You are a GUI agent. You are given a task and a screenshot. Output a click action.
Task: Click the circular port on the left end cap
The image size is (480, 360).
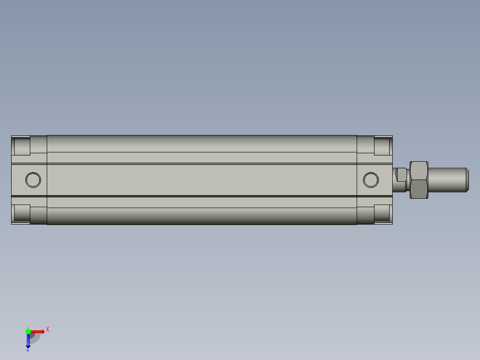[33, 180]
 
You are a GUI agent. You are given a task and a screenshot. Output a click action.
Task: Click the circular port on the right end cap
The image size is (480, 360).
[370, 180]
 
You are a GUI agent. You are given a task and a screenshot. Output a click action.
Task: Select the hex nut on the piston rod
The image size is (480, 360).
[419, 180]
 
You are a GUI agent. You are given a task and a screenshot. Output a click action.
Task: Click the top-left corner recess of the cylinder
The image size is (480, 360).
[22, 146]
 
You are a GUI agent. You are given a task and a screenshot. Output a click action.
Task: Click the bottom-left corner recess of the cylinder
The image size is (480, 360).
[22, 213]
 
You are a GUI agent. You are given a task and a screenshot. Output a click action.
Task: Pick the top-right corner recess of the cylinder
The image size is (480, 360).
[382, 146]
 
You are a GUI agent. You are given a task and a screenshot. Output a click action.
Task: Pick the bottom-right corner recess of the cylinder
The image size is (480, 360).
[382, 213]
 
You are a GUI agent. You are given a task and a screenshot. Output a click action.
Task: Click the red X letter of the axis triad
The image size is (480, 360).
[48, 329]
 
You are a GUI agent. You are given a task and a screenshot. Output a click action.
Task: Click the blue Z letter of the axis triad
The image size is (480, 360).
[28, 349]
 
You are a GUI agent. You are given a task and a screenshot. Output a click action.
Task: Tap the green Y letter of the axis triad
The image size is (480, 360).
[28, 327]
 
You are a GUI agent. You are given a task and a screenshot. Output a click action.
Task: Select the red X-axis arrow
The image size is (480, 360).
[38, 331]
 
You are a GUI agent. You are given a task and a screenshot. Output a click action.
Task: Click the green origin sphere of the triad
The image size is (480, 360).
[28, 331]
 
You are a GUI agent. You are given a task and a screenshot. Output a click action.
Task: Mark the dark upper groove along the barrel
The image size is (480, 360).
[201, 164]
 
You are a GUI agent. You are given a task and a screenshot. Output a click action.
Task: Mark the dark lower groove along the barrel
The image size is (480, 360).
[201, 196]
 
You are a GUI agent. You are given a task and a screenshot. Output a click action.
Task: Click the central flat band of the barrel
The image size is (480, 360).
[201, 180]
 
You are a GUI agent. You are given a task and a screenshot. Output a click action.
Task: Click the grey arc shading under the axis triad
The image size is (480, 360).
[35, 339]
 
